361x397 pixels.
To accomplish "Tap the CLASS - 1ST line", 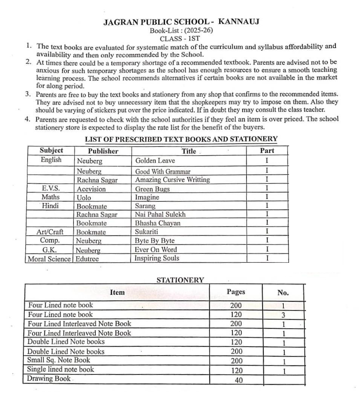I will point(180,38).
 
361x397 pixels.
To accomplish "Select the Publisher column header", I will point(103,151).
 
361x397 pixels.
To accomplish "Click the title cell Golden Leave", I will point(155,161).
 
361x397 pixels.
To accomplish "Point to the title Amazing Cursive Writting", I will point(172,180).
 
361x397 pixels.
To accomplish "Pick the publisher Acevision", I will point(91,189).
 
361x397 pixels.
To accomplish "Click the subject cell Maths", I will point(50,197).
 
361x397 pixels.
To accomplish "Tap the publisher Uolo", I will point(84,197).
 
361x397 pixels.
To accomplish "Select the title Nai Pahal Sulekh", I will point(160,215).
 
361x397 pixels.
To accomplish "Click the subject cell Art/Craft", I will point(50,232).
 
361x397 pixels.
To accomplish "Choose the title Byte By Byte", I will point(154,241).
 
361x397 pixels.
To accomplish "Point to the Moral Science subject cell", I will point(49,259).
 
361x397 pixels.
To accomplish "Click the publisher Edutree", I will point(87,259).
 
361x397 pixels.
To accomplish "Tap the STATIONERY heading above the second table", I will point(180,280).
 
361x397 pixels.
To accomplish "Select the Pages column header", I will point(236,292).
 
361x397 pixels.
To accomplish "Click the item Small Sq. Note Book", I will point(59,360).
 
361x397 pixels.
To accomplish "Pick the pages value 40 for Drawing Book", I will point(239,380).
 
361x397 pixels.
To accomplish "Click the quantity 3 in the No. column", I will point(283,315).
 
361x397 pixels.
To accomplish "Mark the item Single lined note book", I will point(60,370).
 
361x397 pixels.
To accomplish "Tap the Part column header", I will point(267,151).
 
